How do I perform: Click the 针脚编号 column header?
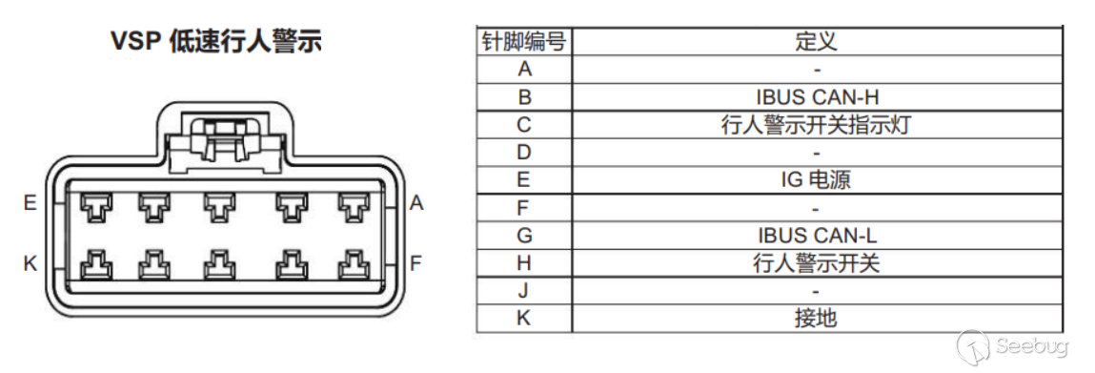(x=523, y=42)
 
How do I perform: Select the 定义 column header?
(x=816, y=42)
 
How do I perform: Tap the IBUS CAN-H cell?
(x=816, y=97)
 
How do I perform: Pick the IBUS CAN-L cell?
(x=816, y=236)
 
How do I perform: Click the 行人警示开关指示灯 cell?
(x=816, y=125)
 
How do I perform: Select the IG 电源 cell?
(x=816, y=180)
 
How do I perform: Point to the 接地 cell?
(x=816, y=319)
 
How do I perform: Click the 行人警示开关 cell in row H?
(x=816, y=263)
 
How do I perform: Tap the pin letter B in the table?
(x=524, y=97)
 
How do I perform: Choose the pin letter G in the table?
(x=524, y=236)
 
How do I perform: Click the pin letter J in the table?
(x=524, y=291)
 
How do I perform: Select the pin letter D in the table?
(x=524, y=153)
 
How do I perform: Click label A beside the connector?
(x=416, y=203)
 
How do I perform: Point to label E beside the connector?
(x=30, y=203)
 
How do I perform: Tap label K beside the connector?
(x=30, y=263)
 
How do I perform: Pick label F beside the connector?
(x=416, y=263)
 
